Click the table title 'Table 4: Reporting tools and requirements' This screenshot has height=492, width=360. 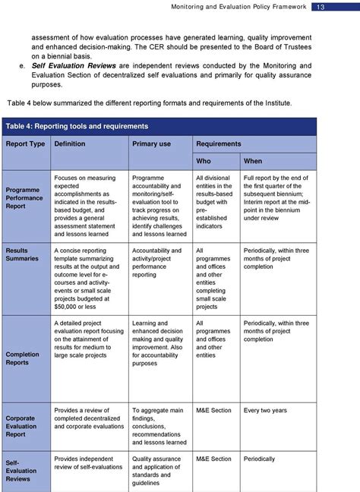pos(77,126)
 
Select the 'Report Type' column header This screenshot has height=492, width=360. pos(26,143)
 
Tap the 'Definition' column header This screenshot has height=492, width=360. pos(70,143)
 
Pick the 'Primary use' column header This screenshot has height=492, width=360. pos(152,143)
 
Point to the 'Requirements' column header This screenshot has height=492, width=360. pos(219,143)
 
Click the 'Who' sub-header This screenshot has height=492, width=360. pos(204,161)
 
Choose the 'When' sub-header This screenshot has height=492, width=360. pos(253,161)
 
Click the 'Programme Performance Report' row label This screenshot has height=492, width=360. pos(24,197)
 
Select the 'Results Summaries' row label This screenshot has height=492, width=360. pos(23,254)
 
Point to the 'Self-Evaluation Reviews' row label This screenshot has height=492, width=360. pos(18,470)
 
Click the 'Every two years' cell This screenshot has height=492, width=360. pos(266,411)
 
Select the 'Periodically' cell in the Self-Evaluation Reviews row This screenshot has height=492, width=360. pos(261,459)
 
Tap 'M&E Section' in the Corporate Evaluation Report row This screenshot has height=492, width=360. pos(213,411)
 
